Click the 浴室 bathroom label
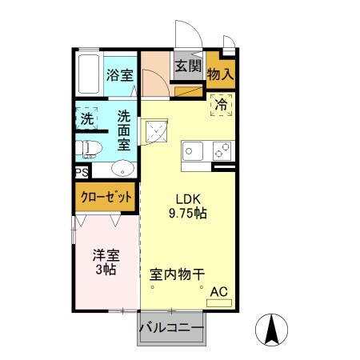pyautogui.click(x=119, y=77)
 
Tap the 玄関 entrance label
pyautogui.click(x=188, y=66)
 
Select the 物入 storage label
pyautogui.click(x=220, y=74)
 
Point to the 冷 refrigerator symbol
pyautogui.click(x=220, y=104)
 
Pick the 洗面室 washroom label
pyautogui.click(x=125, y=130)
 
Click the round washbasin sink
pyautogui.click(x=121, y=169)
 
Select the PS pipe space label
pyautogui.click(x=82, y=172)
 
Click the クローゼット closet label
pyautogui.click(x=106, y=195)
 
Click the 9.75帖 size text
pyautogui.click(x=189, y=214)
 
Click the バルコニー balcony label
pyautogui.click(x=171, y=328)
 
